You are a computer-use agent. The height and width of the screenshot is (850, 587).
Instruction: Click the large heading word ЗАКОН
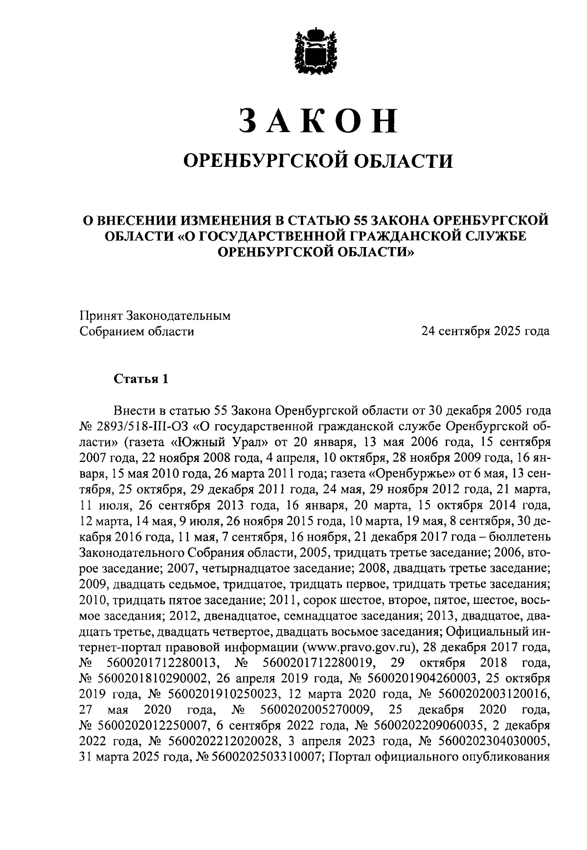pos(317,120)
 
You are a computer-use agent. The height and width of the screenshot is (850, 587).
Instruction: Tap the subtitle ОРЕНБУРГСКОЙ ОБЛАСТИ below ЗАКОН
pos(317,160)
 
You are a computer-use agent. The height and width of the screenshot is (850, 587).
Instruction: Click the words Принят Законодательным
pos(155,316)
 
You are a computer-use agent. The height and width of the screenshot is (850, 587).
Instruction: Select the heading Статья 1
pos(141,379)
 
